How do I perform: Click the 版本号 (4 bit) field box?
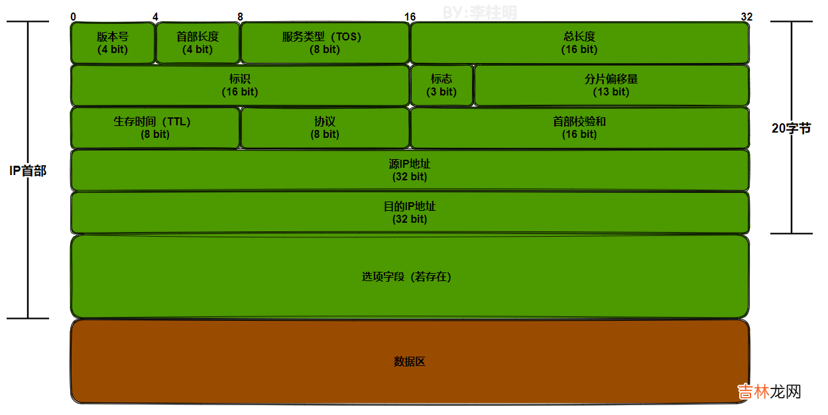click(113, 43)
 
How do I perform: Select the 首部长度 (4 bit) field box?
click(198, 43)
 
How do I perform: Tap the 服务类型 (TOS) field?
click(325, 43)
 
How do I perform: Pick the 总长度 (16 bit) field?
click(579, 43)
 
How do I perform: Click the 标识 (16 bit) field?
click(240, 86)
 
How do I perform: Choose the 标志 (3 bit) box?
click(442, 86)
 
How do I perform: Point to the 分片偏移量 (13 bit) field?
click(611, 86)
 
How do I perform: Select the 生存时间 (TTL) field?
click(155, 128)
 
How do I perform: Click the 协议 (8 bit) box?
click(325, 128)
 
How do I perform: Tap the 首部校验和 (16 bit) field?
click(579, 128)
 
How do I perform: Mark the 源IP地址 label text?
click(410, 164)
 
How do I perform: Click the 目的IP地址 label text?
click(410, 206)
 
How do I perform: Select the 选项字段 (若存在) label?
click(406, 277)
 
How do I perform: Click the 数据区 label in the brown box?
click(409, 362)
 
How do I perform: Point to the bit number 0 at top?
click(72, 16)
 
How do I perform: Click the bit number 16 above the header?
click(410, 16)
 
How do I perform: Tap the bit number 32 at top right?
click(746, 16)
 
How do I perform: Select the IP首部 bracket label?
click(28, 171)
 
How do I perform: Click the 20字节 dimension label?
click(791, 129)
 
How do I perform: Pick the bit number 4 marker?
click(155, 16)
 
